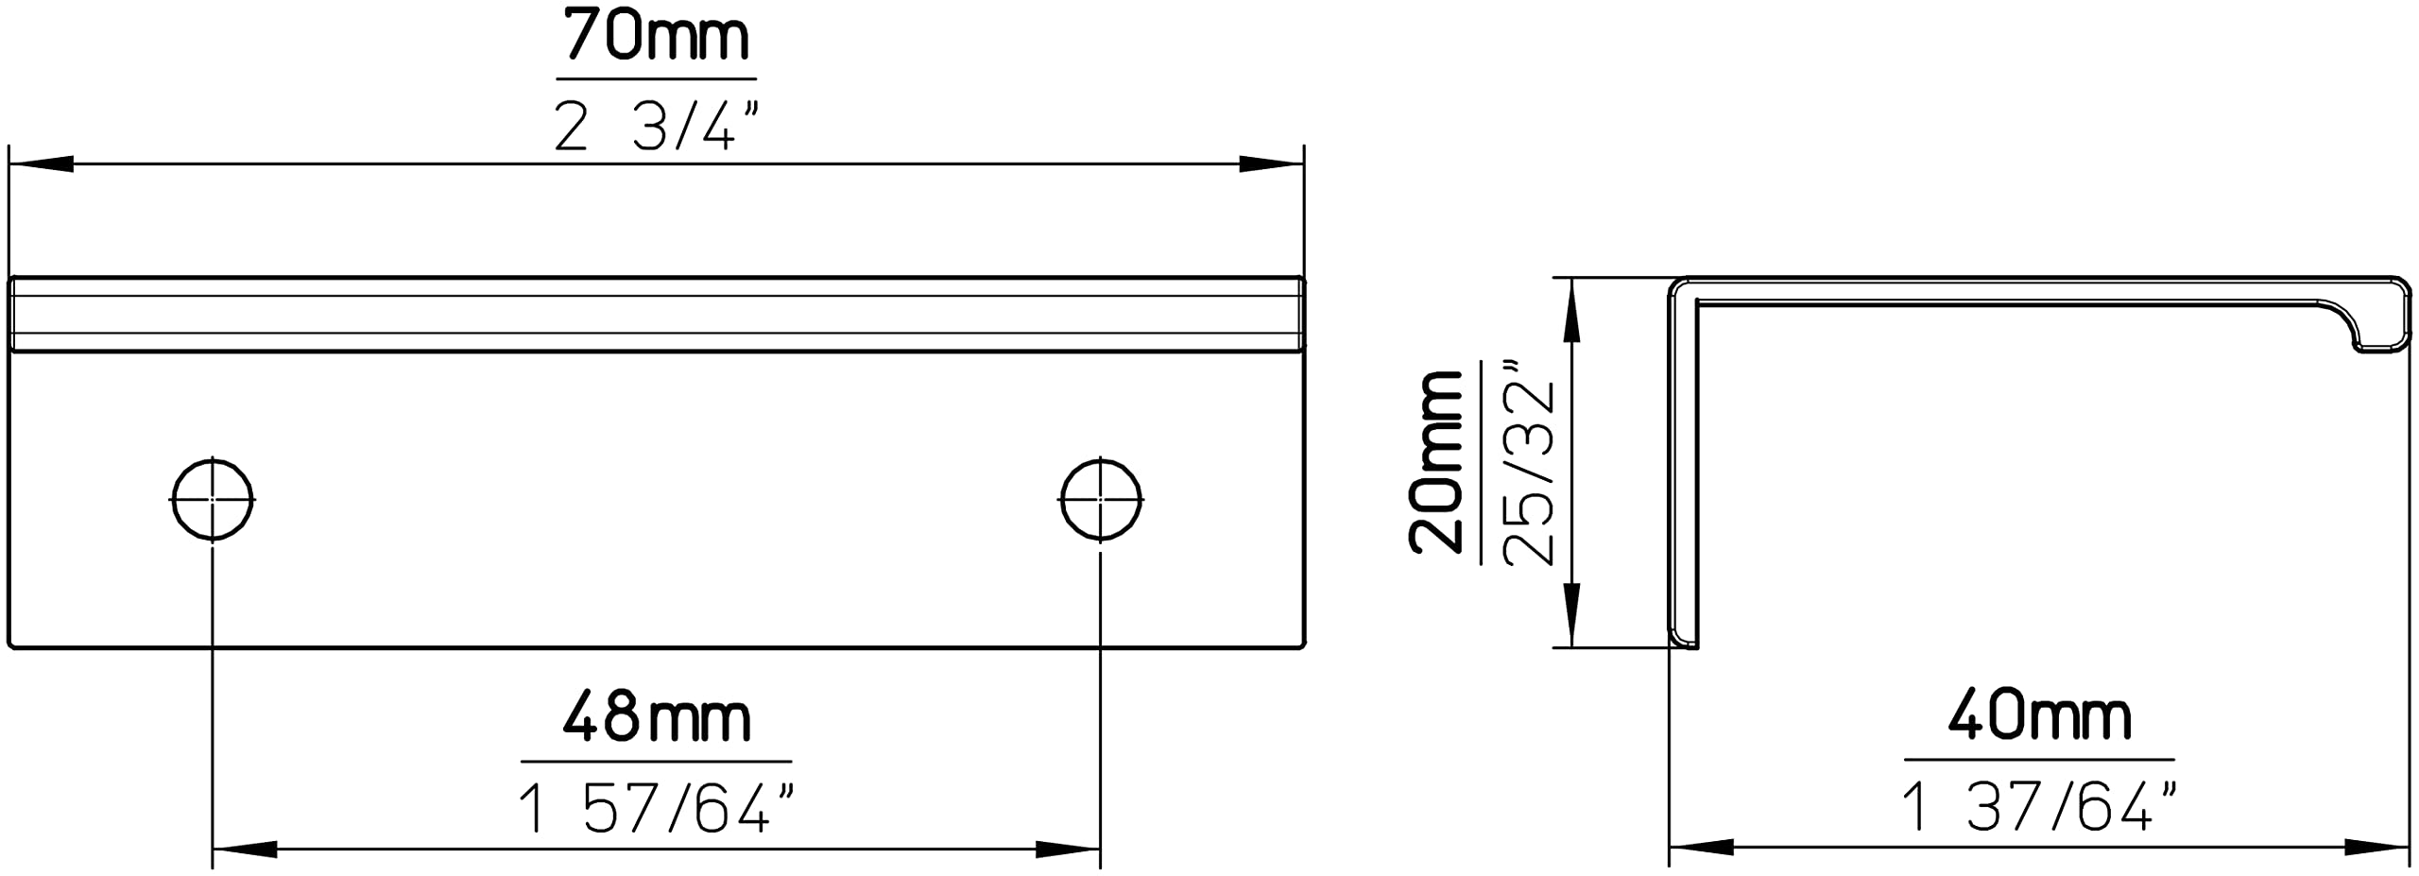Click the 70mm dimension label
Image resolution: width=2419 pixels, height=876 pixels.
pyautogui.click(x=657, y=36)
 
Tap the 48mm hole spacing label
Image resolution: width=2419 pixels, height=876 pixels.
pyautogui.click(x=657, y=717)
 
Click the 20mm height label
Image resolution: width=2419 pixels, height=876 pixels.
pyautogui.click(x=1435, y=461)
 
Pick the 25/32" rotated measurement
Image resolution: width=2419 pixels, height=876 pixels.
pyautogui.click(x=1528, y=461)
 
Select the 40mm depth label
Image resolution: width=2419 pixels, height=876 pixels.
pyautogui.click(x=2039, y=715)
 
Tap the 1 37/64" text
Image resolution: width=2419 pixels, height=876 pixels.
pyautogui.click(x=2039, y=806)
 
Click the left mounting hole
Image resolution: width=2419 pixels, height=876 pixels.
pyautogui.click(x=213, y=499)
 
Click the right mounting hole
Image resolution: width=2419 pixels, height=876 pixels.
pyautogui.click(x=1101, y=499)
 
